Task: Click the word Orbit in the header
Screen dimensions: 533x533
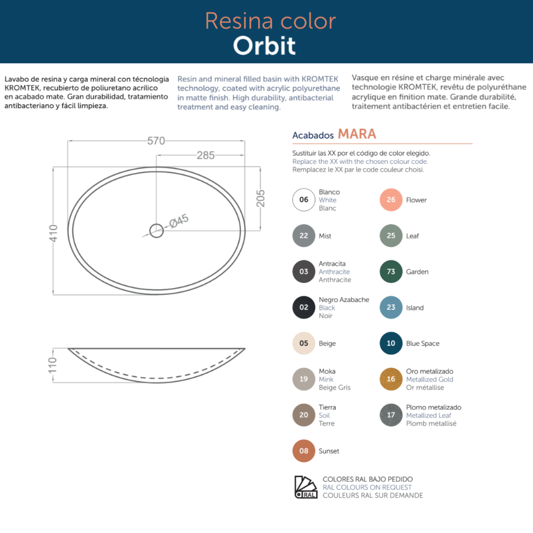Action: pos(264,46)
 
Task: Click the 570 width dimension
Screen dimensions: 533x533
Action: pos(156,141)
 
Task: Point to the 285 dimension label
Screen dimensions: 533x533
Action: pos(206,155)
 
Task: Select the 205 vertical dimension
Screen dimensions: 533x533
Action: pos(260,198)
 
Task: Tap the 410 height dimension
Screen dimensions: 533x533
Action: pos(53,233)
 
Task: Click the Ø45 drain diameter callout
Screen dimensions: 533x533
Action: pos(179,221)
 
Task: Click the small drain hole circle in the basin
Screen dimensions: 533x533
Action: pos(156,231)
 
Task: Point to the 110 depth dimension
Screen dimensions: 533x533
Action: pos(52,365)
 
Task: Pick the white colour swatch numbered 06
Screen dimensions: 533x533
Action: pos(304,200)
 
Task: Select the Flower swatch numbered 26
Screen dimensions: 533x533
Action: pos(391,200)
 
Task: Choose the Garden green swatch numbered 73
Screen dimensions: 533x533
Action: pos(391,271)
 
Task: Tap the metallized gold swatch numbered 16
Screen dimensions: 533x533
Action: pos(391,379)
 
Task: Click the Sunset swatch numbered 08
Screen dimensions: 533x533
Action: pos(304,451)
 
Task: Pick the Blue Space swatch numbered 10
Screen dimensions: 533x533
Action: pos(391,343)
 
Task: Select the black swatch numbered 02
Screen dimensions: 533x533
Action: pos(304,307)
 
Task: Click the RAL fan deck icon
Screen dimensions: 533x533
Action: pos(306,487)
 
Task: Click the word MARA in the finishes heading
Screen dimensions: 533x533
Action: pos(357,134)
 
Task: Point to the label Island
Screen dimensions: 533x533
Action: pos(414,308)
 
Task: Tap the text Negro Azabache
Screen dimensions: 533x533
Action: pos(344,300)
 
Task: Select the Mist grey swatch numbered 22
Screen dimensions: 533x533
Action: pos(304,236)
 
